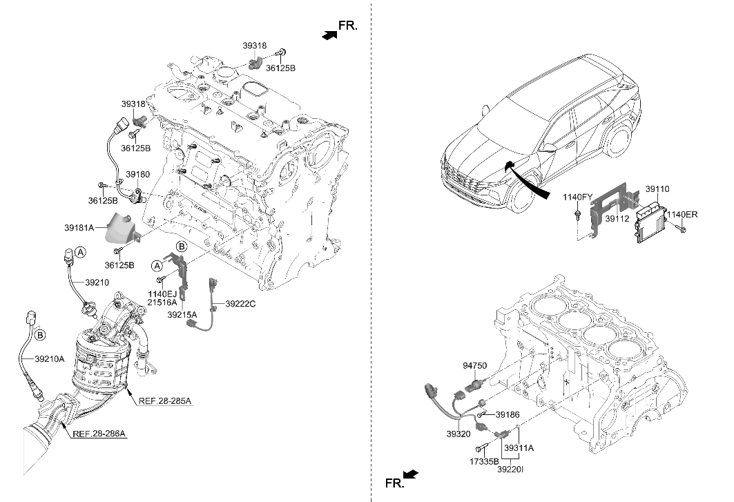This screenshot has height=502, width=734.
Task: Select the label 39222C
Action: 239,304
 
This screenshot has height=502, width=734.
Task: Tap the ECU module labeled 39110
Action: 648,221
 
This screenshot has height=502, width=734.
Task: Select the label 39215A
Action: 182,314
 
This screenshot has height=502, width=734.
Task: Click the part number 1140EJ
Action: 162,294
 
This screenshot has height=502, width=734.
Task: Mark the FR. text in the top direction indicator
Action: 348,26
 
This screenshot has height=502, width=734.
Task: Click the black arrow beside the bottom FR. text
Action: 410,474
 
